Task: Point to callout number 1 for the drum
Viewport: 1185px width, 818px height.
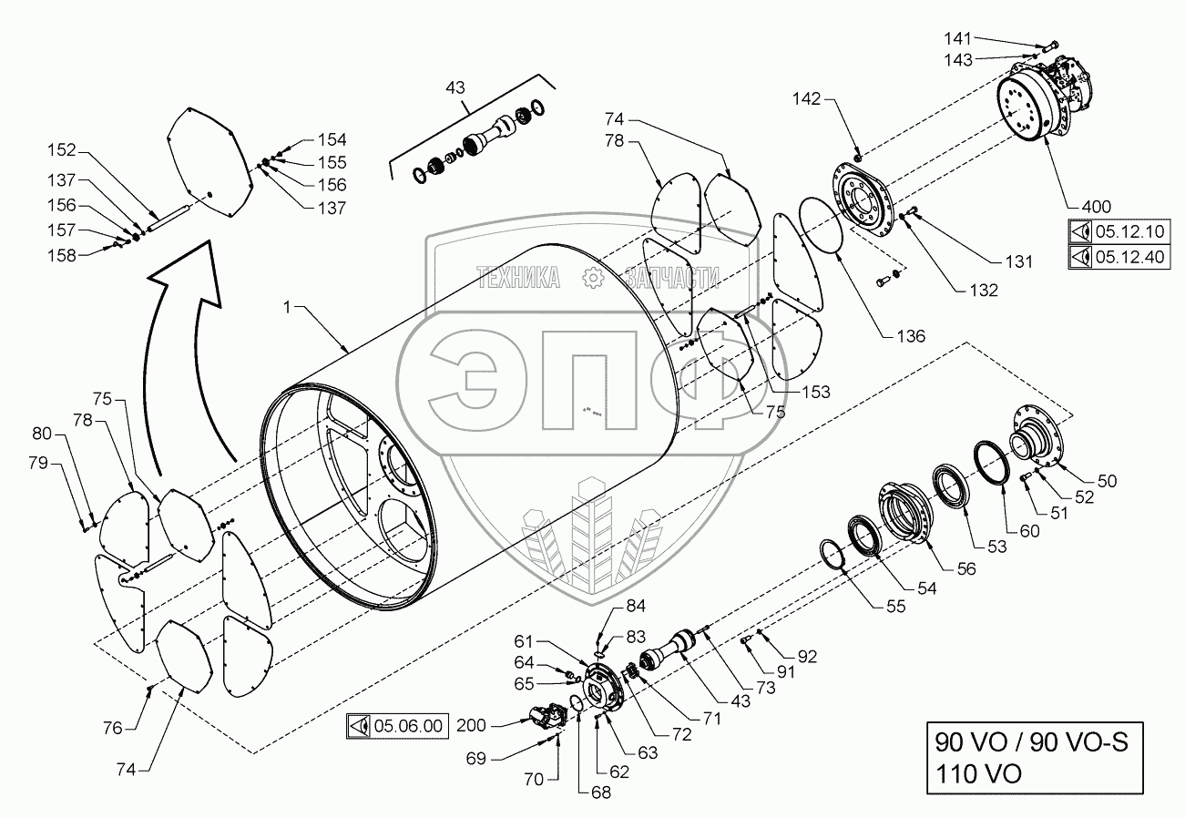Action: click(287, 310)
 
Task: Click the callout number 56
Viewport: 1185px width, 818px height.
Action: click(965, 568)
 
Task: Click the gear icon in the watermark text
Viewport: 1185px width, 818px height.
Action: click(592, 278)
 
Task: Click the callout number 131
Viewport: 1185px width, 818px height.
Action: click(1018, 261)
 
